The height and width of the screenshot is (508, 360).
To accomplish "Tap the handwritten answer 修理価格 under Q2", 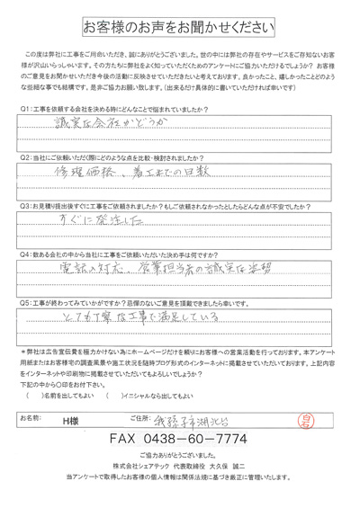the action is click(x=99, y=170).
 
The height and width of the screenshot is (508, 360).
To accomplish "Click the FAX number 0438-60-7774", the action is click(x=180, y=440).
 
